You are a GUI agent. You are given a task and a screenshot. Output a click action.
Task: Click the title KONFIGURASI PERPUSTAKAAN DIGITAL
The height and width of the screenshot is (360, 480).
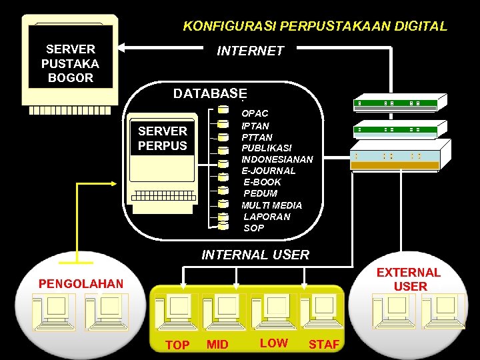pyautogui.click(x=315, y=27)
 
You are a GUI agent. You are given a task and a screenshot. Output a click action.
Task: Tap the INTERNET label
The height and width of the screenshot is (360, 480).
pyautogui.click(x=251, y=51)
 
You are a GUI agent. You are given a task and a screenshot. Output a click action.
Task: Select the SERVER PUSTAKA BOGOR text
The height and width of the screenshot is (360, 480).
pyautogui.click(x=71, y=63)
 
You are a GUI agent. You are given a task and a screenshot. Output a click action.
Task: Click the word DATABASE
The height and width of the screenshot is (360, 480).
pyautogui.click(x=210, y=93)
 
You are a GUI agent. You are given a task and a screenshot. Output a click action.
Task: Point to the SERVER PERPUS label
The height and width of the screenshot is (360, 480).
pyautogui.click(x=163, y=138)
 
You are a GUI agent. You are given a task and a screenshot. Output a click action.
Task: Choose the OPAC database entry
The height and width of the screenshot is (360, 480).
pyautogui.click(x=255, y=113)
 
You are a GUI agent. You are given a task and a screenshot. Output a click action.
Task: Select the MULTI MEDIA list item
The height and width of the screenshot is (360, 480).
pyautogui.click(x=272, y=205)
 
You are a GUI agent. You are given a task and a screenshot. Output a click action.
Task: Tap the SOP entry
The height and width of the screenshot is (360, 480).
pyautogui.click(x=254, y=228)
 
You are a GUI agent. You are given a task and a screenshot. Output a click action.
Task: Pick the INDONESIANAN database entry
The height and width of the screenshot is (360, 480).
pyautogui.click(x=277, y=159)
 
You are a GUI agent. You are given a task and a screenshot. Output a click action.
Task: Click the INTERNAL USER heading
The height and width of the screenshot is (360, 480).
pyautogui.click(x=255, y=255)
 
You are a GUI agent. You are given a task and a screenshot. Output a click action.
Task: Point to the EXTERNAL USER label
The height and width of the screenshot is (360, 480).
pyautogui.click(x=409, y=279)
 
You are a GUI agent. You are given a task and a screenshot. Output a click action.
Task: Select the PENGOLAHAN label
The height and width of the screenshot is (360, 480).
pyautogui.click(x=81, y=284)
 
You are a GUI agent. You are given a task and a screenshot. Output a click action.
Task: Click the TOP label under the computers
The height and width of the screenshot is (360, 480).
pyautogui.click(x=177, y=345)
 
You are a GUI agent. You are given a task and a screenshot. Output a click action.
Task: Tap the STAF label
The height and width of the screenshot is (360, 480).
pyautogui.click(x=324, y=345)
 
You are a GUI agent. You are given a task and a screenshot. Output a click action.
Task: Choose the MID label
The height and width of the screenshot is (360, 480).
pyautogui.click(x=217, y=345)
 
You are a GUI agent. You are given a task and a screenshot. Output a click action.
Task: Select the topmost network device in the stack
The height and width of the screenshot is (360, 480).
pyautogui.click(x=397, y=103)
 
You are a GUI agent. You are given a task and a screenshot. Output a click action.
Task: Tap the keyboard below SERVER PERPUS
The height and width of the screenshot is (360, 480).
pyautogui.click(x=164, y=196)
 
